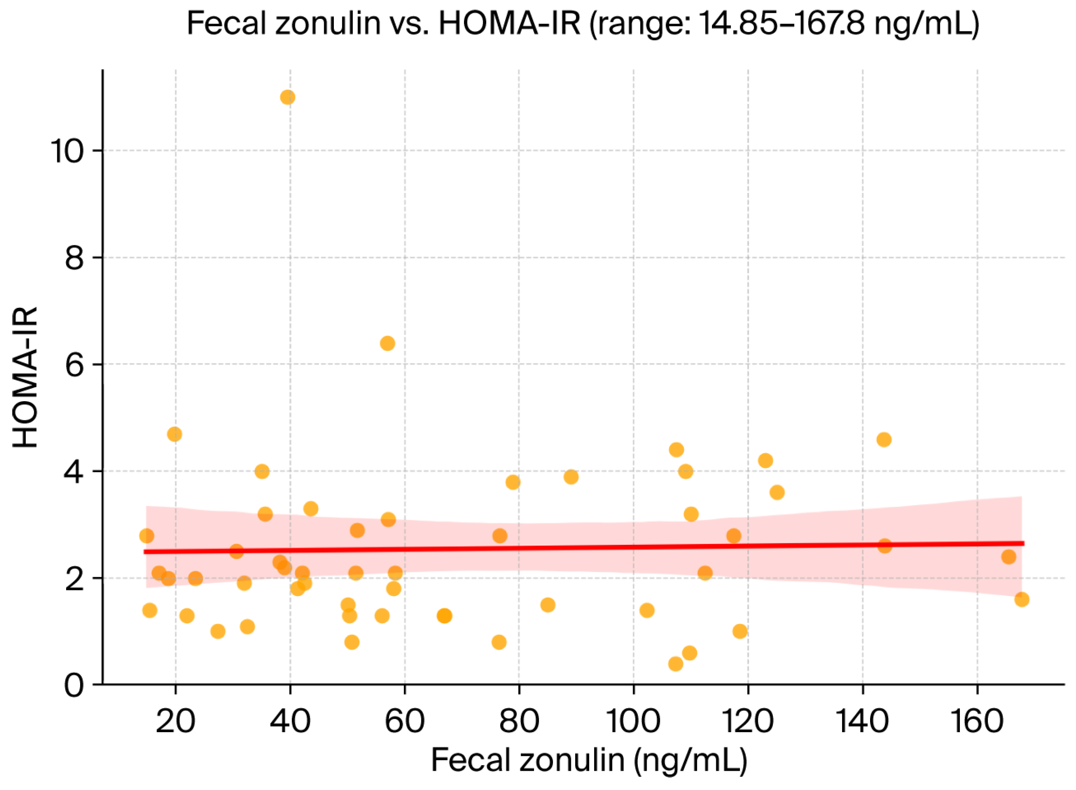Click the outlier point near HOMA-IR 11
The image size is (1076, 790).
point(287,98)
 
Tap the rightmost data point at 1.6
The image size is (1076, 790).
point(1022,600)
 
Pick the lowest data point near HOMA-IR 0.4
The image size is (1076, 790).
point(675,664)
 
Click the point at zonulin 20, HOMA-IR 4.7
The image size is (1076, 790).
point(174,434)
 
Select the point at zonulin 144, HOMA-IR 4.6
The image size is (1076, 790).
point(884,440)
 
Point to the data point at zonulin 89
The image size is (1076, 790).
point(571,477)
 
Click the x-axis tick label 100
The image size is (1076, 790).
point(633,721)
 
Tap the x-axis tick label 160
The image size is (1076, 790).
point(977,721)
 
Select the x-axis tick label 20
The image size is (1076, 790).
point(175,721)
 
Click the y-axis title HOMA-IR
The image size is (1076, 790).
point(25,378)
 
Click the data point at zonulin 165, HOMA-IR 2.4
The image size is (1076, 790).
point(1009,557)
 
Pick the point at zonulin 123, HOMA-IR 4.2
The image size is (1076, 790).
point(765,461)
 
